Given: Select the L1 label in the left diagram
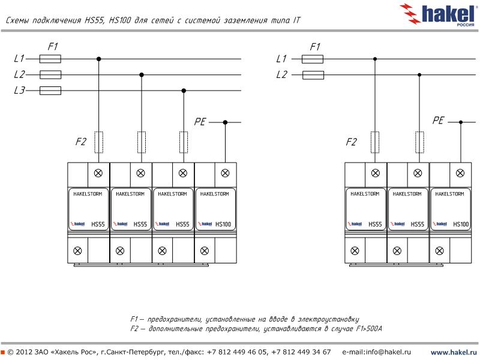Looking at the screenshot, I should point(19,59).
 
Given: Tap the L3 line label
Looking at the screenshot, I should point(19,91).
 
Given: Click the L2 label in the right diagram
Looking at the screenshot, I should point(281,75).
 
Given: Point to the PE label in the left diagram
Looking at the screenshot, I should point(200,122).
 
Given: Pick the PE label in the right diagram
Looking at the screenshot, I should point(438,121).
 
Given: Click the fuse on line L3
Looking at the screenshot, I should point(50,91).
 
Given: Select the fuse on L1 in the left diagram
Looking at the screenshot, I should point(50,59).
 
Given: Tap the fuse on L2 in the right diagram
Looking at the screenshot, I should point(313,75).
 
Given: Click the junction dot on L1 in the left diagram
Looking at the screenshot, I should point(98,59).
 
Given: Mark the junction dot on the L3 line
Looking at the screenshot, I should point(184,91).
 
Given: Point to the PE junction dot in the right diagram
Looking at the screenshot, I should point(461,122).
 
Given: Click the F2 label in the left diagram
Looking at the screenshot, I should point(81,142).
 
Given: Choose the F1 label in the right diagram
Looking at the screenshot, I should point(315,46).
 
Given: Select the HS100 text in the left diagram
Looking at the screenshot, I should point(223,224).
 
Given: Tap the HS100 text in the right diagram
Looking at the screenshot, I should point(461,224).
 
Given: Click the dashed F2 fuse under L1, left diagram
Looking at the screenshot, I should point(98,142).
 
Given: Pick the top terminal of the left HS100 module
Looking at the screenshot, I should point(225,173).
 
